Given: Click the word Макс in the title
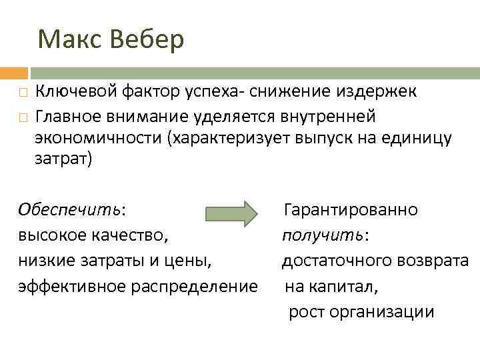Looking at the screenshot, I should click(x=67, y=40).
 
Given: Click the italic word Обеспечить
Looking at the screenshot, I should click(x=70, y=210).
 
